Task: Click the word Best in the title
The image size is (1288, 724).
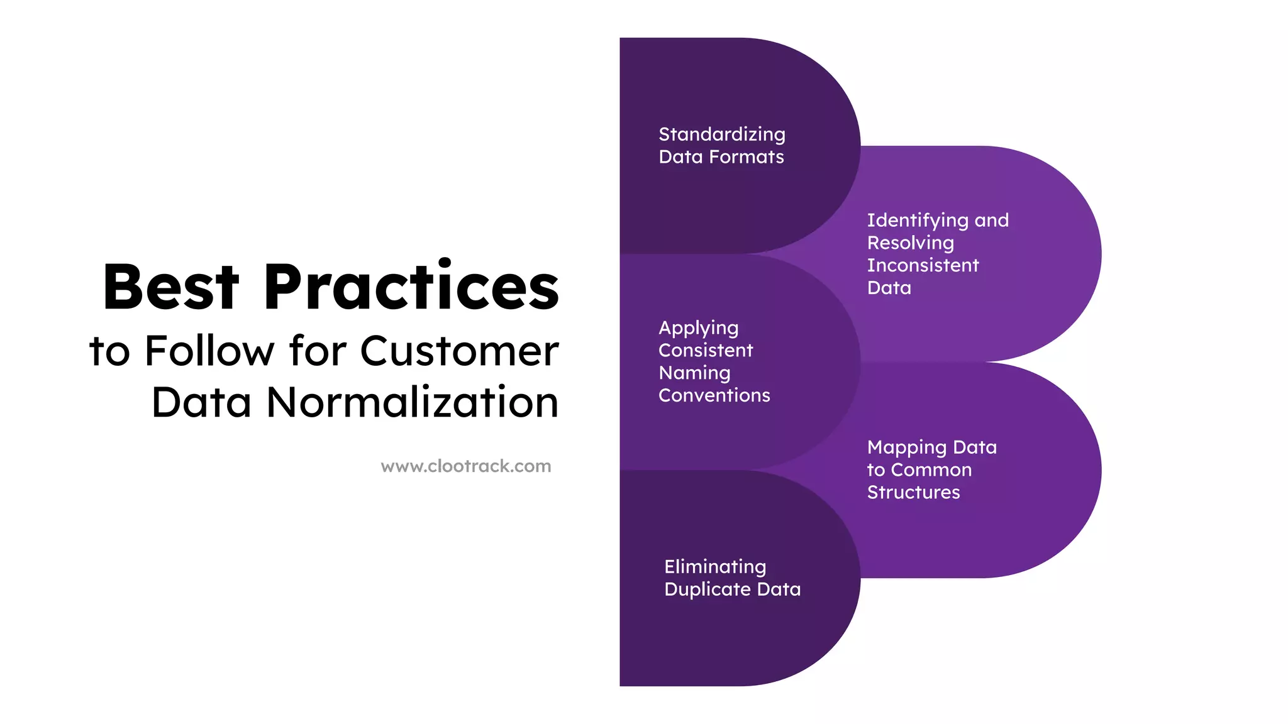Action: [171, 287]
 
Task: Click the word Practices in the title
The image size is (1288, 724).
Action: [411, 287]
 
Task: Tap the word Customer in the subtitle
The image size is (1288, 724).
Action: [459, 351]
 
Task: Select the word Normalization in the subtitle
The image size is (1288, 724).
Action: [413, 402]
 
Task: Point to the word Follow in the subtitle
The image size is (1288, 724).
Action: [209, 351]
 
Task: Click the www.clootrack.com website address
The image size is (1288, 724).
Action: [466, 466]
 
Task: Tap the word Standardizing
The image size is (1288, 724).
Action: [722, 134]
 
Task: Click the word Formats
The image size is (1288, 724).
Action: [747, 157]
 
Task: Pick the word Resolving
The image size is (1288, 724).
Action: [911, 243]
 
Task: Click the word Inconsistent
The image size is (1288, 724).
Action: [923, 265]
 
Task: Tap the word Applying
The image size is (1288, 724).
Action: [699, 329]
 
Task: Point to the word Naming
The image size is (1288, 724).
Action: [694, 373]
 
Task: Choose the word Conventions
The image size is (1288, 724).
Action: [714, 395]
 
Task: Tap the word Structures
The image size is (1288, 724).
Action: [914, 492]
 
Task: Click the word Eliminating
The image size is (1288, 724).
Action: [715, 567]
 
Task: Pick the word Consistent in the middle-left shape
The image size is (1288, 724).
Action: [706, 351]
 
